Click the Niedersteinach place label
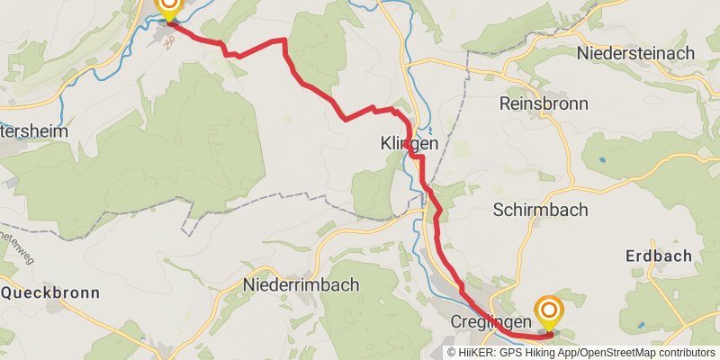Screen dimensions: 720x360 (x=637, y=54)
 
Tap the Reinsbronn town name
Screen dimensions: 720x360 (x=544, y=104)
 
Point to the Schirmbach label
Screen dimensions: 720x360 (x=540, y=210)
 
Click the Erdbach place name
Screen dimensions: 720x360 (x=659, y=256)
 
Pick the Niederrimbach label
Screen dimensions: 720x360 (x=301, y=285)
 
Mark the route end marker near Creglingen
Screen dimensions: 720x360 (x=548, y=313)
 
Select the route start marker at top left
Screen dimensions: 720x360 (x=168, y=9)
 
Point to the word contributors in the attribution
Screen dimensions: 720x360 (x=686, y=353)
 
